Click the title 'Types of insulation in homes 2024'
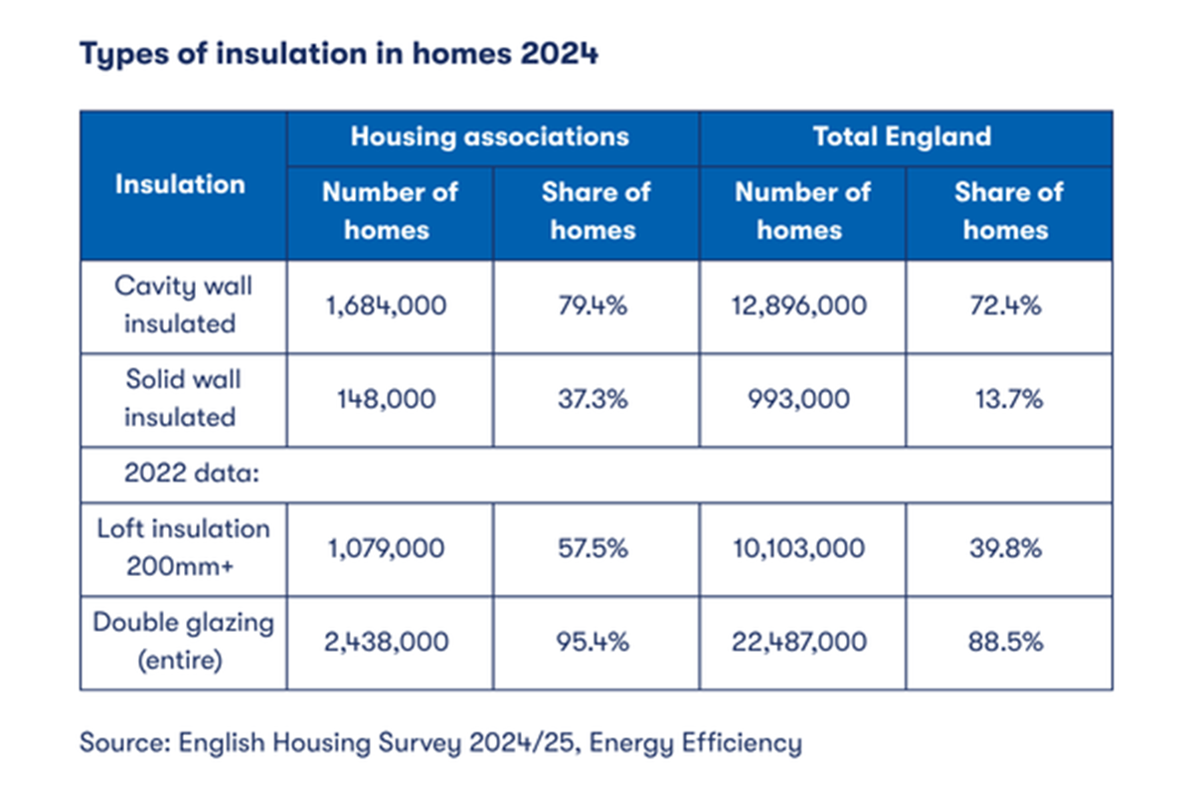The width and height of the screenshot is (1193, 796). pos(339,54)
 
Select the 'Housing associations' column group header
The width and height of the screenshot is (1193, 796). pos(490,136)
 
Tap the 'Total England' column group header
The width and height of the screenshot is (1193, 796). pos(902,136)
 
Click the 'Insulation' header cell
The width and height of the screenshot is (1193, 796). pos(180,184)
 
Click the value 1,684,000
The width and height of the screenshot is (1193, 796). pos(388,305)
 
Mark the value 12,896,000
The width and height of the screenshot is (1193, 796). pos(800,305)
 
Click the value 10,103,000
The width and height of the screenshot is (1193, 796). pos(800,548)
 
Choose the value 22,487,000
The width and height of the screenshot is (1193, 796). pos(800,642)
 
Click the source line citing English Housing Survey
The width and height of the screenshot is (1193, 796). pos(440,742)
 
